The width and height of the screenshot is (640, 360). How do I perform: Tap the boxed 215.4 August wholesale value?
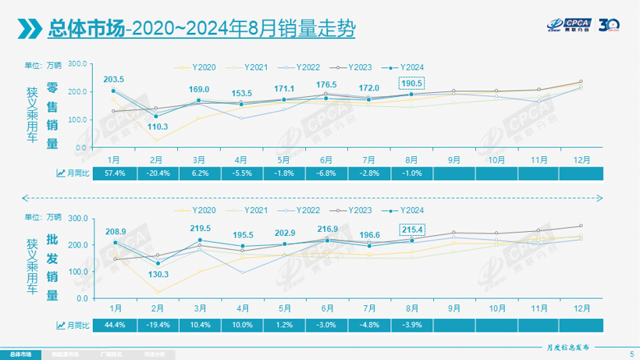412,230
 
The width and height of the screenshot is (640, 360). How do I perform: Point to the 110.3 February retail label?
157,126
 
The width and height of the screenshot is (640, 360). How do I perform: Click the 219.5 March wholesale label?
199,227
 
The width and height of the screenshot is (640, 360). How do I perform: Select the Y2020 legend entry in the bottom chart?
201,210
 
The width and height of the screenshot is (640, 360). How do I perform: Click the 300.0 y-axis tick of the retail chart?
76,65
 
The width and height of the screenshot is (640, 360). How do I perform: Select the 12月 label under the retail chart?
581,158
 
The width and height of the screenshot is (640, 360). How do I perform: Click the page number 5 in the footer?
631,354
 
